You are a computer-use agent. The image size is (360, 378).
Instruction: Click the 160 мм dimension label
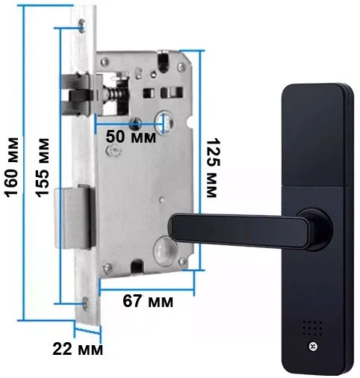pos(12,167)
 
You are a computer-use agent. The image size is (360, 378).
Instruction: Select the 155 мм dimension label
pos(42,167)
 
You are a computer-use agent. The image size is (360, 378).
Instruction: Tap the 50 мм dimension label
pos(131,137)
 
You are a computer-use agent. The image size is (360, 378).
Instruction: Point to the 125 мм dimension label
pos(214,167)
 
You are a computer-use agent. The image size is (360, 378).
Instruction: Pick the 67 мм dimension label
pos(148,301)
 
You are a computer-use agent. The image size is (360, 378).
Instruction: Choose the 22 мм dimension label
pos(78,349)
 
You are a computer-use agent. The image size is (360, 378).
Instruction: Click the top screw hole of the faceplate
pos(81,25)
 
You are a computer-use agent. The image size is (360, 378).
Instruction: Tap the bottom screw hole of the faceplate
pos(85,303)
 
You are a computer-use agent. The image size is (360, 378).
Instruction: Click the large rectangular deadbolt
pos(75,218)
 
